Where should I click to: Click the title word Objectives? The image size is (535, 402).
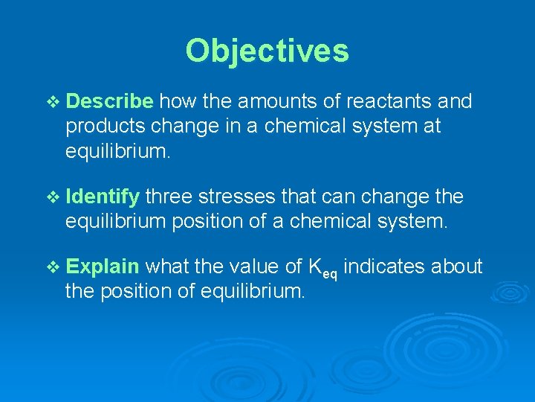coord(267,51)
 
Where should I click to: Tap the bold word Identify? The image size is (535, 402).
coord(103,197)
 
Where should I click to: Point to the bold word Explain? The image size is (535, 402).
coord(103,267)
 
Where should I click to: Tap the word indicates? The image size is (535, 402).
coord(384,267)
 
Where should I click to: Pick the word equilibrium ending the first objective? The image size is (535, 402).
coord(118,153)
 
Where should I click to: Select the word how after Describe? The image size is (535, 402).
coord(176,101)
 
